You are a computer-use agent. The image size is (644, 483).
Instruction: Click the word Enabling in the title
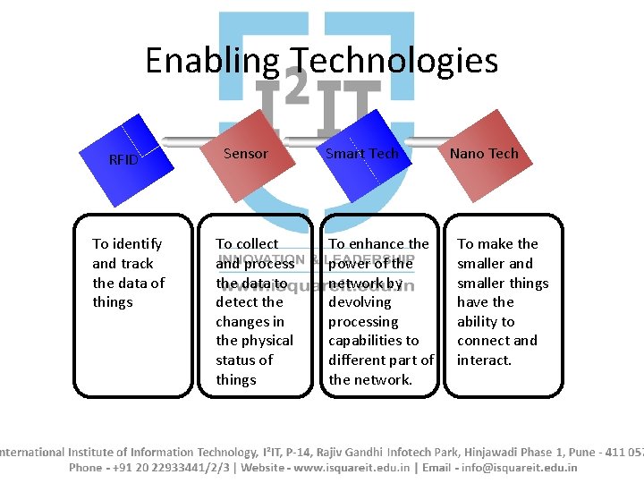tap(212, 61)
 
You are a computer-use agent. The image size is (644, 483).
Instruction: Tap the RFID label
tap(123, 160)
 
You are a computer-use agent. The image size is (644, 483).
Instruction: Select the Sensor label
tap(245, 154)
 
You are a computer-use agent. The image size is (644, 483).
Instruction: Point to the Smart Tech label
tap(361, 154)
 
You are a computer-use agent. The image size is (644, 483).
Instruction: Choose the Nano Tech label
tap(484, 154)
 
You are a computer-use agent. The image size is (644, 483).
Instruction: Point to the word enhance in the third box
tap(376, 244)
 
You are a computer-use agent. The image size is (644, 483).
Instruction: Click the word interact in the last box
tap(484, 360)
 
